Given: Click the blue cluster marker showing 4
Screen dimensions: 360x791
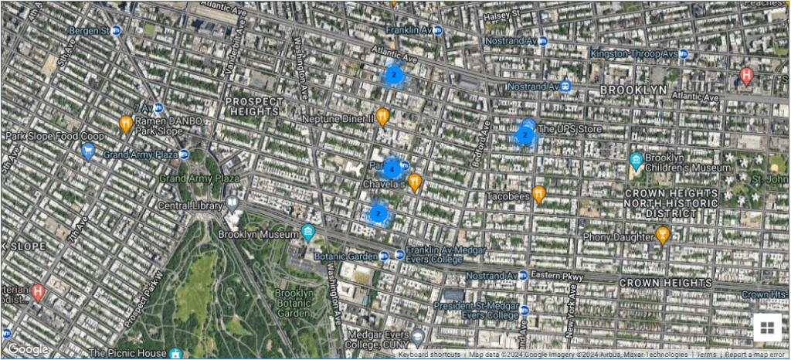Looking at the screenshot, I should coord(392,169).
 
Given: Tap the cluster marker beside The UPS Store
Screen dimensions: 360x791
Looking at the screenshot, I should coord(525,136).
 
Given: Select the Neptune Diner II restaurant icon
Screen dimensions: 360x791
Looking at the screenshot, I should coord(382,117).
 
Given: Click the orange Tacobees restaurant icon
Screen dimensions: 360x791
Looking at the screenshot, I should coord(539,193).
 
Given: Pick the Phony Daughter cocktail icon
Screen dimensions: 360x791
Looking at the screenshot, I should coord(662,234).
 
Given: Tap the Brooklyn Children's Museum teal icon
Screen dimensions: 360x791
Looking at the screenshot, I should coord(637,160).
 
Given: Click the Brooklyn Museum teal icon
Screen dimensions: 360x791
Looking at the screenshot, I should coord(308,232).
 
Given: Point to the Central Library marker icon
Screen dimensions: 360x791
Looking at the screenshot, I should coord(232,204).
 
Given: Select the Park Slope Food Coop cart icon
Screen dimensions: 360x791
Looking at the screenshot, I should coord(87,150).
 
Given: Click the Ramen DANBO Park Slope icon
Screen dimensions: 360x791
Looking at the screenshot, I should coord(126,123).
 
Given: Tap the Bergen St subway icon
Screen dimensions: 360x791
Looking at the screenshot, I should coord(116,30).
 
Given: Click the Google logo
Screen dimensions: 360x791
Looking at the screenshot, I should coord(29,349).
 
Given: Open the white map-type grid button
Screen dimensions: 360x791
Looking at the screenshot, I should coord(767,328).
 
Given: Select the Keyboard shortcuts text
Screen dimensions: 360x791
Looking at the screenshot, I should coord(429,355).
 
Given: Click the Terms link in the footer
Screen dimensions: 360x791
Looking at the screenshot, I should coord(707,355).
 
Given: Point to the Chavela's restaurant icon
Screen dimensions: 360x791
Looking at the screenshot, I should coord(415,182).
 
